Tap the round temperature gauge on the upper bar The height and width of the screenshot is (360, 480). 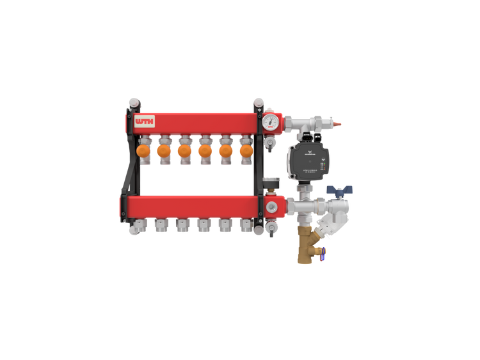click(271, 121)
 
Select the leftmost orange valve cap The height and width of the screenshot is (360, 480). click(143, 151)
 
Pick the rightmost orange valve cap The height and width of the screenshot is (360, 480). click(246, 151)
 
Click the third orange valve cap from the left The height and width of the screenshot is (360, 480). click(184, 151)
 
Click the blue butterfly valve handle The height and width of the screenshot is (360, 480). click(339, 190)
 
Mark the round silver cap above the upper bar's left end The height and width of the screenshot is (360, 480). click(133, 102)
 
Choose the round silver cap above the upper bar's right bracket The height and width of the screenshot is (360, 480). click(258, 102)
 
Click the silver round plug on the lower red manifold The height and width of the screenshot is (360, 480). click(273, 207)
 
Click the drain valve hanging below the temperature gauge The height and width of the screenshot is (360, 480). click(271, 142)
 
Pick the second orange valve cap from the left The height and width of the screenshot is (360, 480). click(164, 151)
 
